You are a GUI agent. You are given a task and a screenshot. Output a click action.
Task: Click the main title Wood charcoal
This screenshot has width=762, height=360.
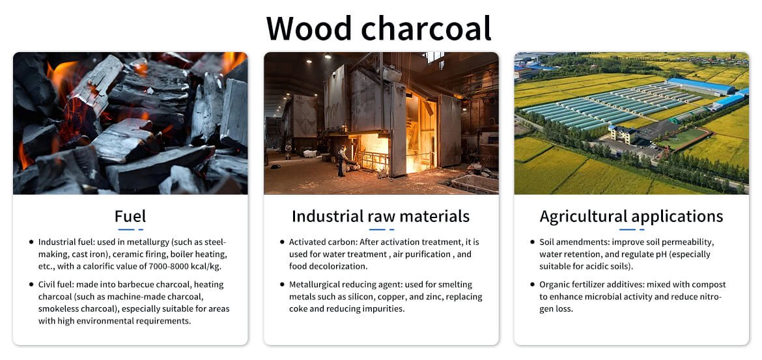[378, 28]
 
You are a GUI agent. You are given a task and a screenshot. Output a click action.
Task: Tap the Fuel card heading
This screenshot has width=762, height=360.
[130, 215]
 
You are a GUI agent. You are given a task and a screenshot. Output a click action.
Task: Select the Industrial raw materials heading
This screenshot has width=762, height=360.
[381, 216]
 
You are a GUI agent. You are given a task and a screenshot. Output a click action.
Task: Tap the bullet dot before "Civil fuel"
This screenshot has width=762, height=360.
[32, 284]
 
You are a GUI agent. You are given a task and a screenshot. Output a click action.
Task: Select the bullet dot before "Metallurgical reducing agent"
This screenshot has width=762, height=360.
[283, 284]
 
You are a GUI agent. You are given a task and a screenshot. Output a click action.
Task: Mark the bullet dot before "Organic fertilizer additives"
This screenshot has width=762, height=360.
[533, 284]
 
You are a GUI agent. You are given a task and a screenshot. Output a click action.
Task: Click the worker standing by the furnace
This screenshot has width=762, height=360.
[342, 161]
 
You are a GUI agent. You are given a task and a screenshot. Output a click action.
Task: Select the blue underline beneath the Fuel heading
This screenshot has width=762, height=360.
[131, 229]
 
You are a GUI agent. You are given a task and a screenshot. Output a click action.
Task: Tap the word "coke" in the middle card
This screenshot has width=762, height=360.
[298, 309]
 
